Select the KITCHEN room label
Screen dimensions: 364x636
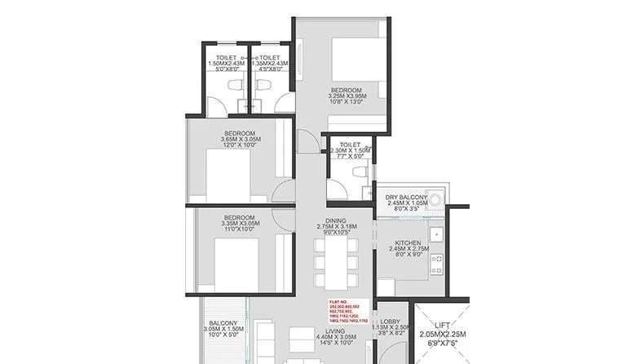(407, 243)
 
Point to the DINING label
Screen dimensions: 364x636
(336, 220)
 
